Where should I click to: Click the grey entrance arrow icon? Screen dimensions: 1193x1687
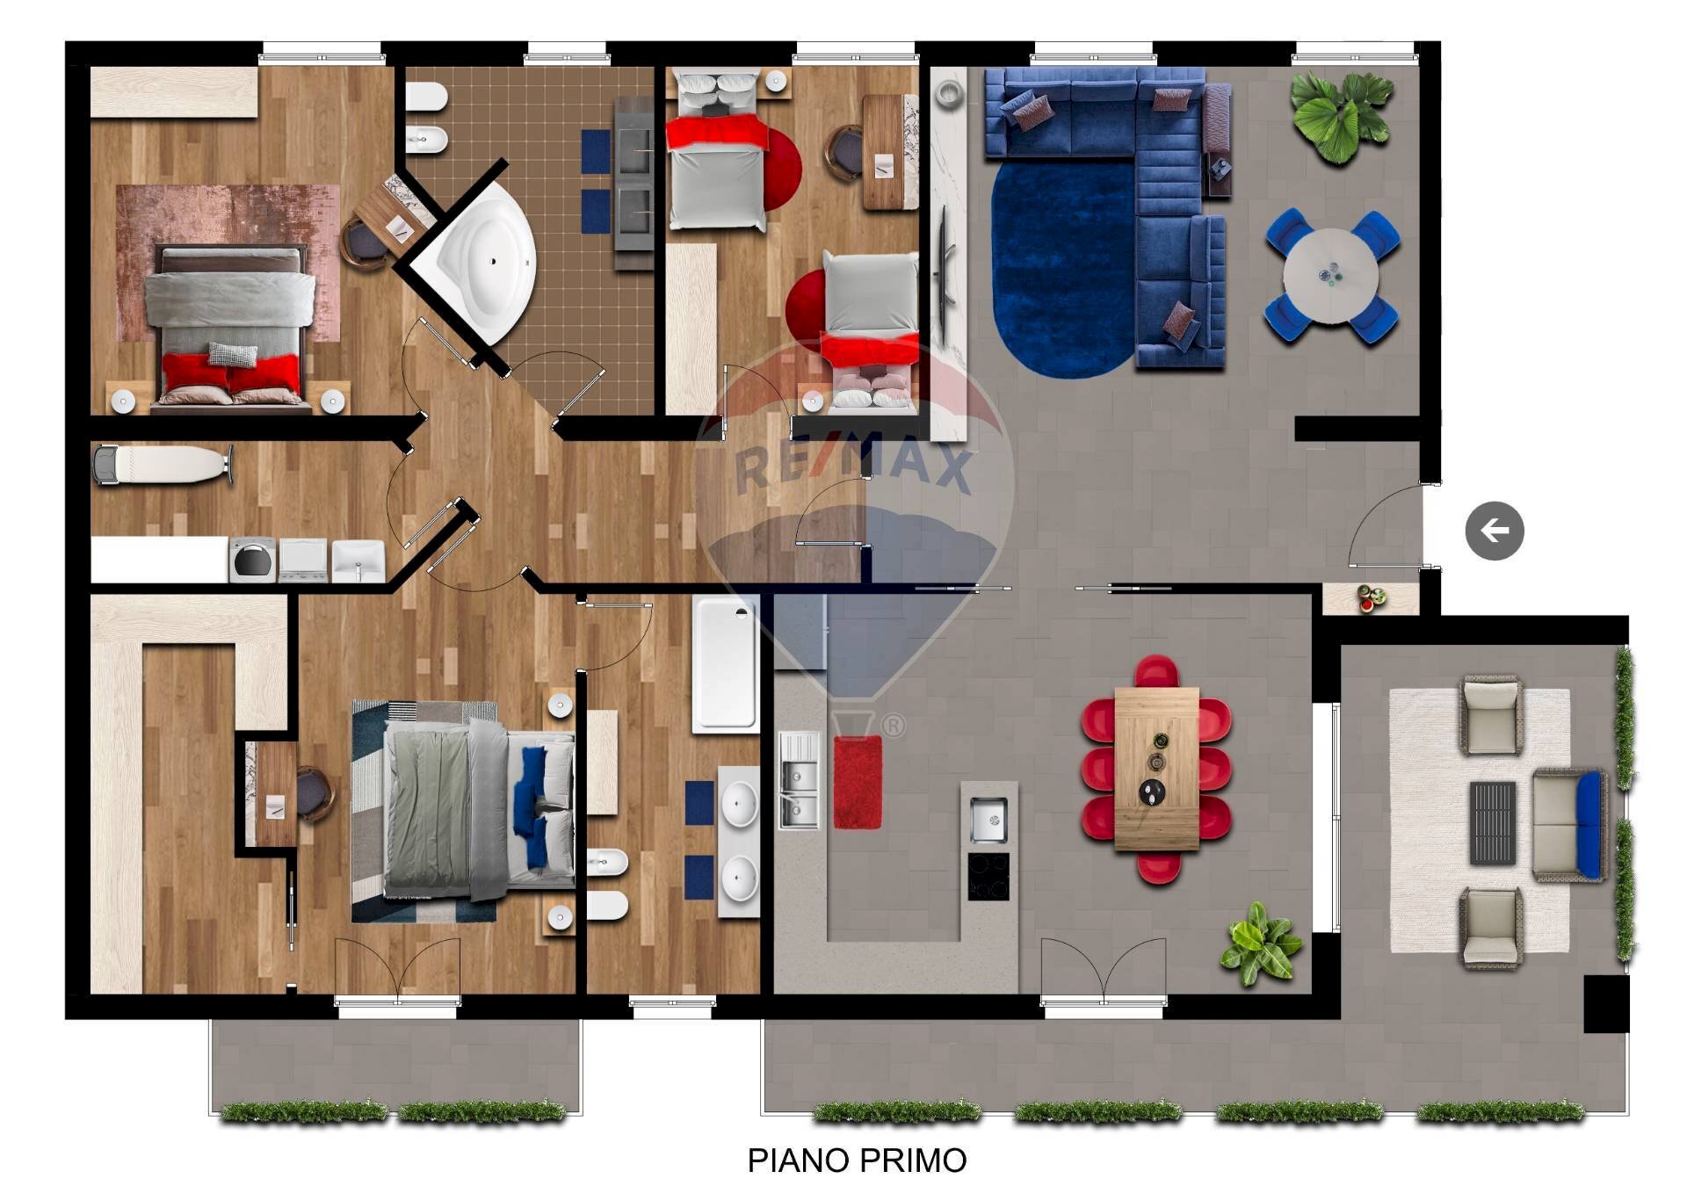[1494, 531]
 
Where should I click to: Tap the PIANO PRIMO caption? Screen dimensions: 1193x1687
[857, 1160]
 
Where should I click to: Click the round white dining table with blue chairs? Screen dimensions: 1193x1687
[1330, 276]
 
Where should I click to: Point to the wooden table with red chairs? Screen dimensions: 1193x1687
[1156, 769]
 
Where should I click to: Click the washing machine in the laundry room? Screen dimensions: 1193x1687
[252, 560]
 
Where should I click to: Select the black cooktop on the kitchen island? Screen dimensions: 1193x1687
[988, 876]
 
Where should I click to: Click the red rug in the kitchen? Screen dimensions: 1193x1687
[858, 782]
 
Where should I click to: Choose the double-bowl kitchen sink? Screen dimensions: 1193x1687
[800, 781]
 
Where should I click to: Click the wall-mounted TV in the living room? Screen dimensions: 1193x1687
[947, 268]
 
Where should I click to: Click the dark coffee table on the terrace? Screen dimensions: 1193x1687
[1493, 823]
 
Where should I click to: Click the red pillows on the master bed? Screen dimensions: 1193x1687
[232, 372]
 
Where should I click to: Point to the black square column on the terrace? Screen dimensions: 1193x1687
[1605, 1003]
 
